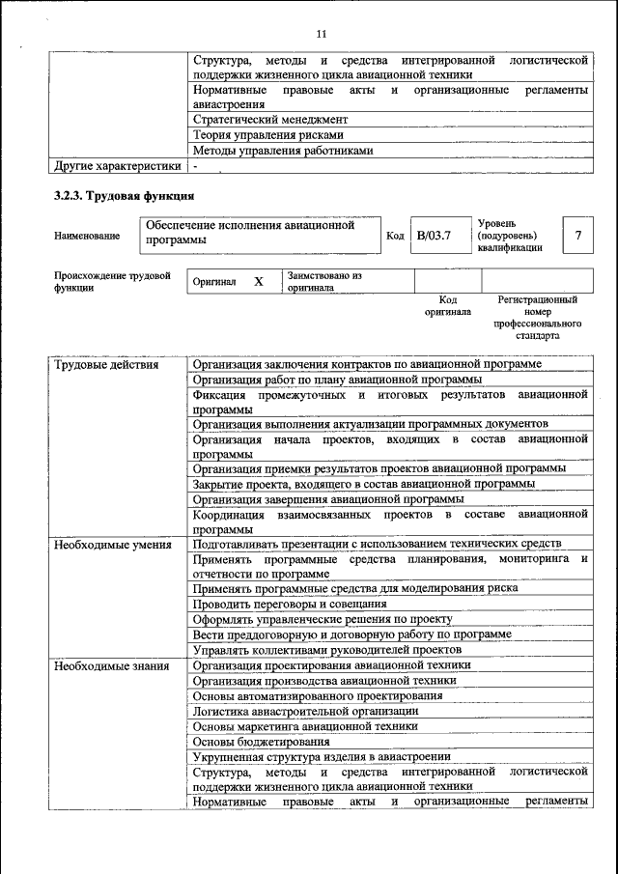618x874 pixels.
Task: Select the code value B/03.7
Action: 434,236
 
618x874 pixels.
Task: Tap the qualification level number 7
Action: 577,236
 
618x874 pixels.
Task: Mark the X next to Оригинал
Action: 259,281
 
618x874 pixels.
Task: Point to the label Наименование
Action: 87,236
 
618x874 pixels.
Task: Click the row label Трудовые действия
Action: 106,365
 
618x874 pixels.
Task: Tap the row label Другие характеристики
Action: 118,166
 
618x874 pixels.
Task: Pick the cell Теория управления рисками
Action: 267,135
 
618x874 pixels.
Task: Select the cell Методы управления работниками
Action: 282,151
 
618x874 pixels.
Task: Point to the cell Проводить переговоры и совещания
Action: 283,603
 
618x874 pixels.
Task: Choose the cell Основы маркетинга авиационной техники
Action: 305,725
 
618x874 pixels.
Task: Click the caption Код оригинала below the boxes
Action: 447,306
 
